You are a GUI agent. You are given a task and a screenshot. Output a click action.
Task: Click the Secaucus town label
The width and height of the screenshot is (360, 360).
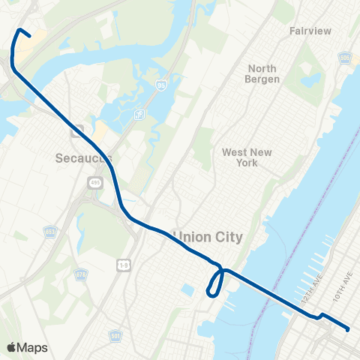[84, 158]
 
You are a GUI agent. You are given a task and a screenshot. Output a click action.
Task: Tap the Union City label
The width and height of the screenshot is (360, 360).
[208, 237]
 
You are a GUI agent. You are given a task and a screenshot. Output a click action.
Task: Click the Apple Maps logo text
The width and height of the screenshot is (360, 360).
[28, 347]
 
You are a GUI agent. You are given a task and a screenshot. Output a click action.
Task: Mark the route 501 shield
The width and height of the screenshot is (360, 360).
[114, 335]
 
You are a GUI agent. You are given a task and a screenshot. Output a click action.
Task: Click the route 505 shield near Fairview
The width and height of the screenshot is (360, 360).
[344, 56]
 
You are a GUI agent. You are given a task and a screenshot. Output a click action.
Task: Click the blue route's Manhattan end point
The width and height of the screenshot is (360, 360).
[349, 328]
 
